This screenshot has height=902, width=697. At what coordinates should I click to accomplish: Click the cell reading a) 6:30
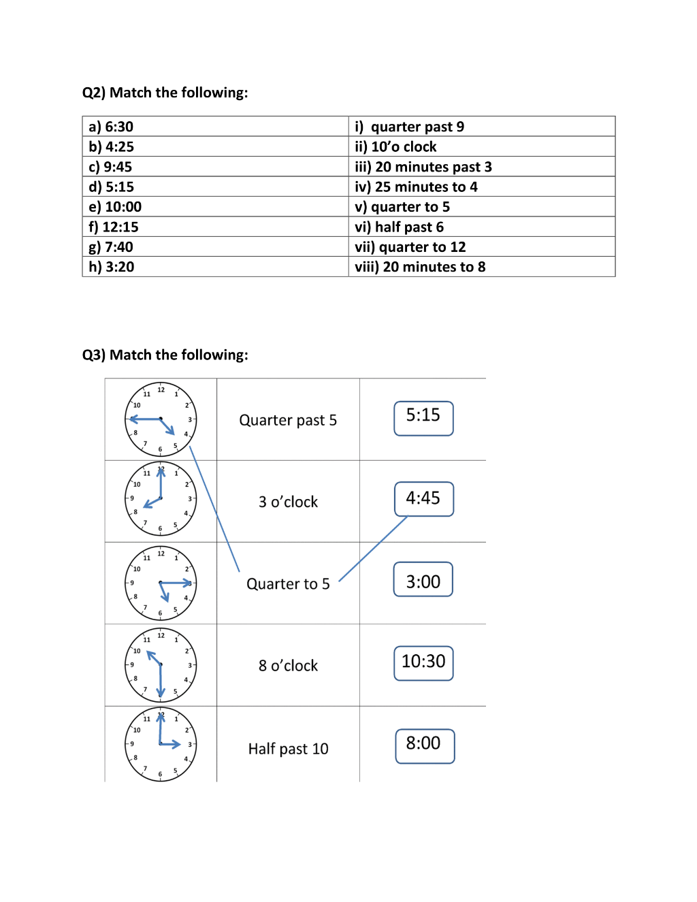(x=215, y=126)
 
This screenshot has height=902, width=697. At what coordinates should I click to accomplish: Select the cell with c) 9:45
(x=215, y=167)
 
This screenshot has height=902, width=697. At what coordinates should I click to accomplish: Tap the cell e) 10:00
(x=215, y=206)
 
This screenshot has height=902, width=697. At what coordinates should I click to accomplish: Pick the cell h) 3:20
(x=215, y=266)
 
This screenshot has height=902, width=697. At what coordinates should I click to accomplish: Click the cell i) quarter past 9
(x=482, y=126)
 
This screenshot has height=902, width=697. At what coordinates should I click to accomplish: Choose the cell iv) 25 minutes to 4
(x=482, y=187)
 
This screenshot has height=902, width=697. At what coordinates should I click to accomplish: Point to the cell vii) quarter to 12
(x=482, y=246)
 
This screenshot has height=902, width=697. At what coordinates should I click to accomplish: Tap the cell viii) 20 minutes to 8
(x=482, y=266)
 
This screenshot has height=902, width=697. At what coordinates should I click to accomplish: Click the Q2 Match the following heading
(x=165, y=93)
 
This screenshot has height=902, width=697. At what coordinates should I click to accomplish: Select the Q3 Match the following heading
(x=165, y=355)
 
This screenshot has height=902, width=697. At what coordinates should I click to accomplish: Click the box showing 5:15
(x=423, y=419)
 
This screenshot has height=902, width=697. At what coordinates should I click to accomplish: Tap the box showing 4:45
(x=424, y=499)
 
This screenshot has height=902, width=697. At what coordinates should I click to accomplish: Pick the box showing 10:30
(x=423, y=663)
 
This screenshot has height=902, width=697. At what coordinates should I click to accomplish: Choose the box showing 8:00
(x=425, y=746)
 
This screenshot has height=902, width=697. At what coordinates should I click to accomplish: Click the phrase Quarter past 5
(x=288, y=420)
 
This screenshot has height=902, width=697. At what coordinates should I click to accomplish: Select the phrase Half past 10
(x=289, y=749)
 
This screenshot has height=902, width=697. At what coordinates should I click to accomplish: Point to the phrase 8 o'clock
(x=289, y=665)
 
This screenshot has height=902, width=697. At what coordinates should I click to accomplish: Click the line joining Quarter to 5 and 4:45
(x=373, y=548)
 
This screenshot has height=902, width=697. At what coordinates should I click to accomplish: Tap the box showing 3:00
(x=423, y=579)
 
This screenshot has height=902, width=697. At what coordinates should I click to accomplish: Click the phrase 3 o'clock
(x=289, y=502)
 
